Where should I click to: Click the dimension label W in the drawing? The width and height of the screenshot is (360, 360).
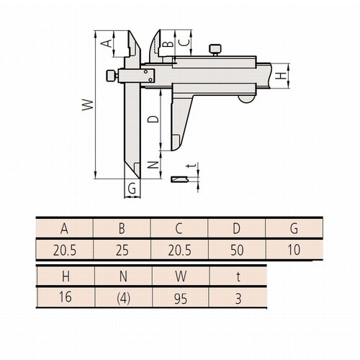85,107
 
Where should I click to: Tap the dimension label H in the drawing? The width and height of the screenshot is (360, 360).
282,75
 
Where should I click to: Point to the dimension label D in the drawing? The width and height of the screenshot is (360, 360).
153,119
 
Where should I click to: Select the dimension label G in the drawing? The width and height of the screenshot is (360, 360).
131,189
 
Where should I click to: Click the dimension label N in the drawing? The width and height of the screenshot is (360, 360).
153,165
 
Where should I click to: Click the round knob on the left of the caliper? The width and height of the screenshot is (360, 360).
109,75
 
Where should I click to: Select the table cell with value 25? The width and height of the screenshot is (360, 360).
122,251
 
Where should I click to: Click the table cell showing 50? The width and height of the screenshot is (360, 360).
237,251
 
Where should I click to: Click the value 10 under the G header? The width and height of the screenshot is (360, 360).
294,251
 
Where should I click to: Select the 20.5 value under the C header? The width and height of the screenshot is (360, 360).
179,251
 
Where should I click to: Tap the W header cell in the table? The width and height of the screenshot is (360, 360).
179,276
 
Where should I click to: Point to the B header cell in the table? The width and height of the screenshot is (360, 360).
122,230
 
